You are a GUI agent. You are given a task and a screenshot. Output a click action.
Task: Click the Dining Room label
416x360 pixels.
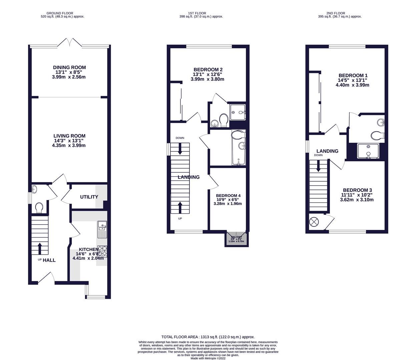pyautogui.click(x=69, y=68)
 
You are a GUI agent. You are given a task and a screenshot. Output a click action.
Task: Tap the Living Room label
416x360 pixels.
pyautogui.click(x=69, y=136)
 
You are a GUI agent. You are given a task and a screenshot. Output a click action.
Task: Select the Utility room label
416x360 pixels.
pyautogui.click(x=89, y=197)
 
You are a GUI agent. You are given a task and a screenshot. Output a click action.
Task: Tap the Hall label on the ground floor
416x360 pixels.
pyautogui.click(x=49, y=260)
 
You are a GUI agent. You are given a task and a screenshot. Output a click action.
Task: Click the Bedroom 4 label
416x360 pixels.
pyautogui.click(x=228, y=196)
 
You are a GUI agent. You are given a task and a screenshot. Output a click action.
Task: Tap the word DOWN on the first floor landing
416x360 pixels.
pyautogui.click(x=180, y=138)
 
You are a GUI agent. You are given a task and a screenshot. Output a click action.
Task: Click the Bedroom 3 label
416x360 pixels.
pyautogui.click(x=357, y=190)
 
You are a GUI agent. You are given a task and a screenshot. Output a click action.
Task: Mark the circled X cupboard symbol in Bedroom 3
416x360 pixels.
pyautogui.click(x=314, y=222)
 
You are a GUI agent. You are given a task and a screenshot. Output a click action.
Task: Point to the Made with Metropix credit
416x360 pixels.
pyautogui.click(x=208, y=358)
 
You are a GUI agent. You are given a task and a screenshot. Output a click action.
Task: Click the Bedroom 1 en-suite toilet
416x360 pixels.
pyautogui.click(x=377, y=135)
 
